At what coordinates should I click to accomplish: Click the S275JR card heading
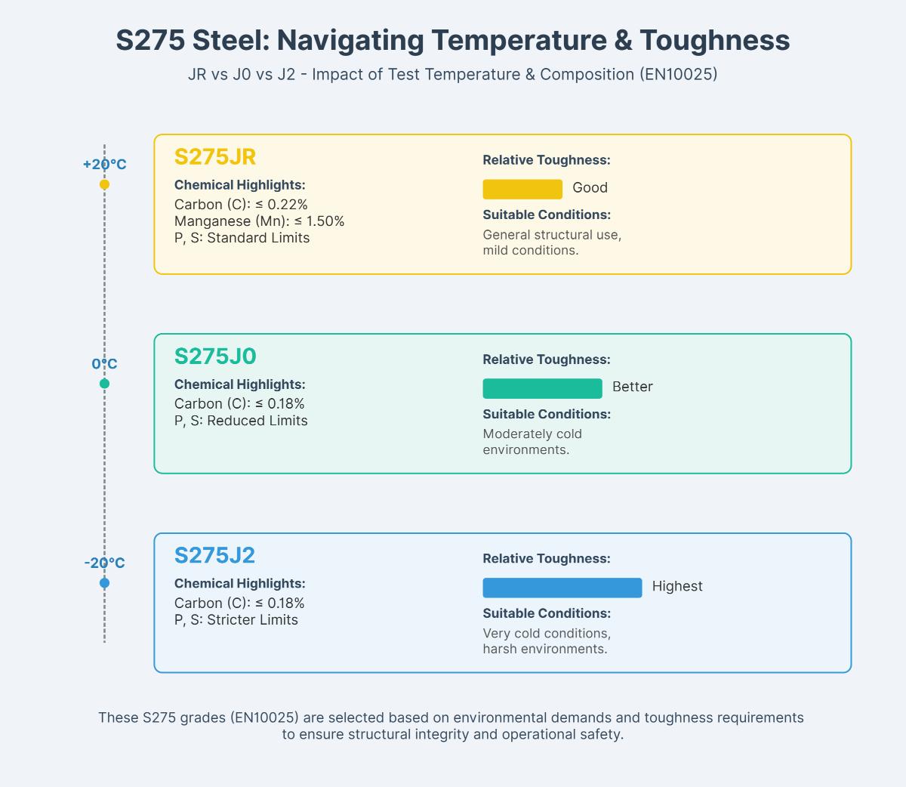(x=215, y=157)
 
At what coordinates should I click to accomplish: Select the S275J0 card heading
(x=215, y=356)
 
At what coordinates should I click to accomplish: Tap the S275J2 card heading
(x=214, y=556)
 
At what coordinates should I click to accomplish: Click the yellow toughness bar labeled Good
(x=522, y=189)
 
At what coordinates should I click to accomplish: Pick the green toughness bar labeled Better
(x=542, y=388)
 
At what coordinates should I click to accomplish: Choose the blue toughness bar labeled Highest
(x=562, y=588)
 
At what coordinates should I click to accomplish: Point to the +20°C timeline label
(x=105, y=165)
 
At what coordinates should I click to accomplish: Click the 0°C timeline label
(x=105, y=364)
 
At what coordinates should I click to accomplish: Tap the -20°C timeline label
(x=105, y=563)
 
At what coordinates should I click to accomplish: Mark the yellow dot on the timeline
(x=104, y=184)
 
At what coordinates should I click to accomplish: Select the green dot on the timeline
(x=104, y=384)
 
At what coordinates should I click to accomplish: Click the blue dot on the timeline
(x=104, y=583)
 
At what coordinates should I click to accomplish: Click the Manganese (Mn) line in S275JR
(x=259, y=221)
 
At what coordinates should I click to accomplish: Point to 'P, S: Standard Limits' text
(x=242, y=238)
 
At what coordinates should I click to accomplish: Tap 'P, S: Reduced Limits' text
(x=241, y=421)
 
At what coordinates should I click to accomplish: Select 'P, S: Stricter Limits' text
(x=236, y=620)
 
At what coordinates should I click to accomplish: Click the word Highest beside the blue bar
(x=677, y=586)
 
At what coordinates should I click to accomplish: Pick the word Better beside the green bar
(x=633, y=387)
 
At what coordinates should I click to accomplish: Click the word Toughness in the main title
(x=716, y=40)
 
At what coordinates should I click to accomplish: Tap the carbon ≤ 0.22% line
(x=241, y=205)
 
